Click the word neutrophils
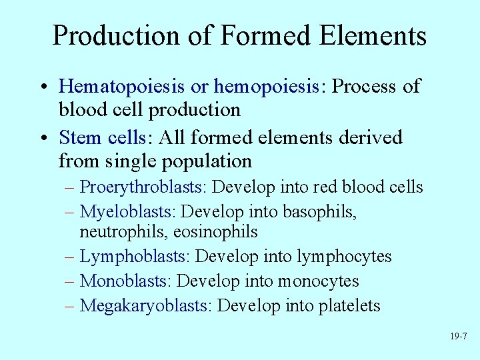[119, 231]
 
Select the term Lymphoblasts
[135, 256]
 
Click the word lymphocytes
[344, 256]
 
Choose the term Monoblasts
[125, 281]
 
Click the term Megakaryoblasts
[145, 306]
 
